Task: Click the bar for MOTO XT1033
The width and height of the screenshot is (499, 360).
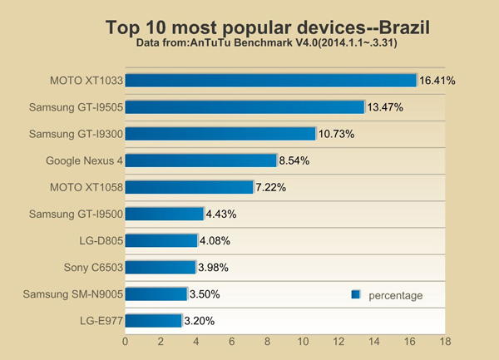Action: pyautogui.click(x=270, y=81)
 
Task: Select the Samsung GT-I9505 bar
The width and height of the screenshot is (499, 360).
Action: pyautogui.click(x=245, y=107)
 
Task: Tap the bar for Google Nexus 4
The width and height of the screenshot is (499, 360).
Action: pyautogui.click(x=200, y=160)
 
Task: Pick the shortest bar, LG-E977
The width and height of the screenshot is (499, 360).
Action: pyautogui.click(x=154, y=320)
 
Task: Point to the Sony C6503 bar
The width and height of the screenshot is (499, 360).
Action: pyautogui.click(x=161, y=267)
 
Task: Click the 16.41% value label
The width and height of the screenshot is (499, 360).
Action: pyautogui.click(x=437, y=81)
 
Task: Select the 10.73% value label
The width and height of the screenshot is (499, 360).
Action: pyautogui.click(x=336, y=135)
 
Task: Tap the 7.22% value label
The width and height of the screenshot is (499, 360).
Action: pyautogui.click(x=271, y=188)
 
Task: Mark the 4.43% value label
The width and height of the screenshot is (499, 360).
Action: pyautogui.click(x=221, y=215)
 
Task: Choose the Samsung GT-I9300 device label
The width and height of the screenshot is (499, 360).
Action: pyautogui.click(x=77, y=134)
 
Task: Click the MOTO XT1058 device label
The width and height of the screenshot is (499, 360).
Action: pyautogui.click(x=86, y=187)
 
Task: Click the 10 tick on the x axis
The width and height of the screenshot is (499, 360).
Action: pyautogui.click(x=303, y=341)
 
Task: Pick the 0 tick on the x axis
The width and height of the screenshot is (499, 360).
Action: pyautogui.click(x=126, y=341)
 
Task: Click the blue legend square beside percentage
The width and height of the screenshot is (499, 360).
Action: pyautogui.click(x=355, y=294)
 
